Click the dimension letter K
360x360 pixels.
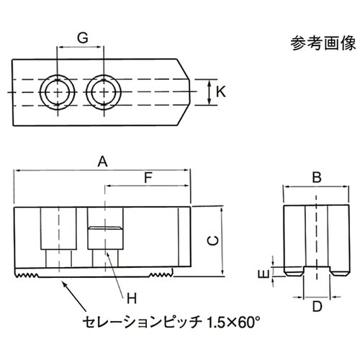(x=221, y=92)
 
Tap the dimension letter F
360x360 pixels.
(x=148, y=176)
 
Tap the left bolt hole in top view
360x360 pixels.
(x=55, y=92)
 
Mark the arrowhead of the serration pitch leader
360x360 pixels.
(x=66, y=283)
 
